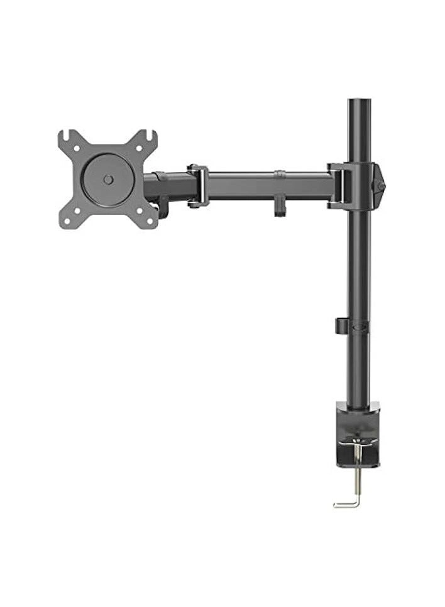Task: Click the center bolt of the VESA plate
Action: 108,180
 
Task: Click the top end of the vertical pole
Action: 360,102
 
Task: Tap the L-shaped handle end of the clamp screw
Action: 344,504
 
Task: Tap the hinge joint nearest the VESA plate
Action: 198,186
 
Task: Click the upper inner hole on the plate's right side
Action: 140,149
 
